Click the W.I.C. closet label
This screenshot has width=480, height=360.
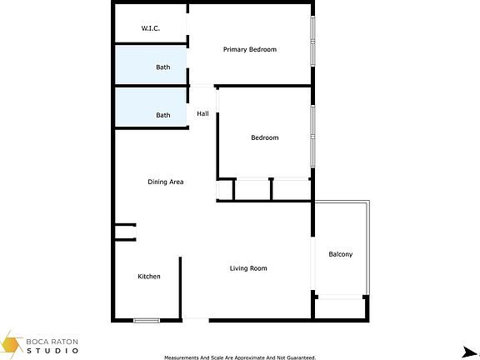click(151, 28)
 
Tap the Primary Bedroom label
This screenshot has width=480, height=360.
click(249, 49)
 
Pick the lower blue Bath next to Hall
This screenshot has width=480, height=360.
click(151, 107)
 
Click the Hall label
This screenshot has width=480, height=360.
click(202, 113)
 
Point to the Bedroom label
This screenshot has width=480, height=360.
click(264, 137)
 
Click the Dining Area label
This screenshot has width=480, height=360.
click(165, 182)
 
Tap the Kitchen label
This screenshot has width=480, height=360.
click(149, 277)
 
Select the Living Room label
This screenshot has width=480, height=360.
click(248, 268)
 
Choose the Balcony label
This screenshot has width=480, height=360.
click(341, 254)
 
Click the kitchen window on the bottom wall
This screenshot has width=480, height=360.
click(147, 320)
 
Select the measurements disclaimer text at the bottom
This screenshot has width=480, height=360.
click(240, 357)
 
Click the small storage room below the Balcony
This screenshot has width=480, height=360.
click(340, 307)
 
